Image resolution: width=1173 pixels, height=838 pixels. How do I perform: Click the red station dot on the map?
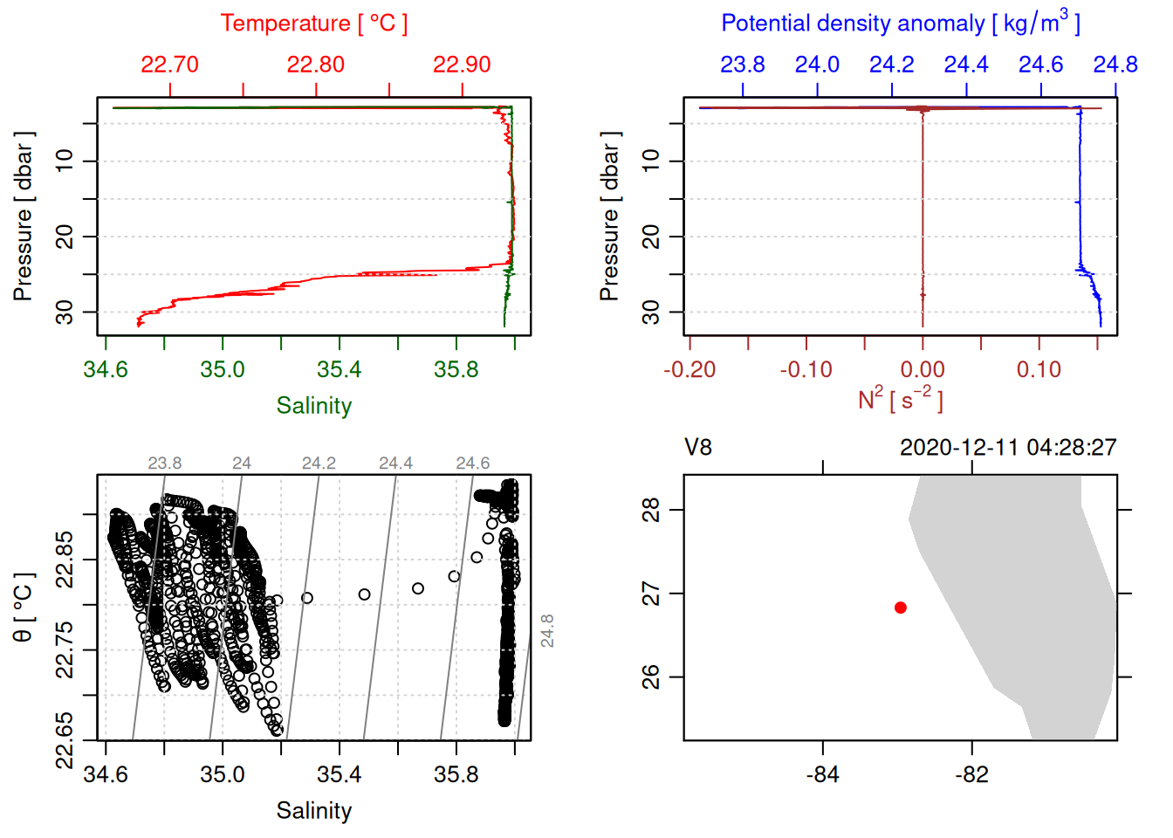(x=901, y=608)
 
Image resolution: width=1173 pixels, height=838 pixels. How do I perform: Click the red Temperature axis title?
(x=314, y=24)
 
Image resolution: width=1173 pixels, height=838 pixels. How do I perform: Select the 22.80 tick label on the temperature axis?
(x=316, y=65)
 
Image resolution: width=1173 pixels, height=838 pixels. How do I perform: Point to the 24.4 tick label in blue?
(x=966, y=65)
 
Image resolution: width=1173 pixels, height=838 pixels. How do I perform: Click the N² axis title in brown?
(x=901, y=400)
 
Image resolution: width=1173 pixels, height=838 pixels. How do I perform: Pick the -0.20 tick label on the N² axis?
(x=689, y=370)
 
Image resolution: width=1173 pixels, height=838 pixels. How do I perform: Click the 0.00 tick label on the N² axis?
(x=923, y=370)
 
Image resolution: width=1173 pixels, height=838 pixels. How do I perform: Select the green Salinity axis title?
(x=314, y=406)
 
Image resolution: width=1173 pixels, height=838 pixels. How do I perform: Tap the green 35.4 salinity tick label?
(x=339, y=370)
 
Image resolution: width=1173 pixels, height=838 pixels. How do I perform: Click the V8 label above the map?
(x=698, y=448)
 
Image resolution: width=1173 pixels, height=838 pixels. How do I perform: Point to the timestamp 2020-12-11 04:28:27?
(x=1008, y=448)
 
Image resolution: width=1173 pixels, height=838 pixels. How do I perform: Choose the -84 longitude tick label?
(x=823, y=775)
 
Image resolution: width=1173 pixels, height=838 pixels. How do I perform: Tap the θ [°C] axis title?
(x=24, y=608)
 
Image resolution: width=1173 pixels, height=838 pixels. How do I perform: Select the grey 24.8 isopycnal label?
(x=547, y=630)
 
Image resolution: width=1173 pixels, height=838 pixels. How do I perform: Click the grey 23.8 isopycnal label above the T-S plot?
(x=164, y=464)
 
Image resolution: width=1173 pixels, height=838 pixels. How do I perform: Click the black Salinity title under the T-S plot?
(x=314, y=811)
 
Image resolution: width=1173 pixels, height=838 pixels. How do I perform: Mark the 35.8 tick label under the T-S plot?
(x=456, y=775)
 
